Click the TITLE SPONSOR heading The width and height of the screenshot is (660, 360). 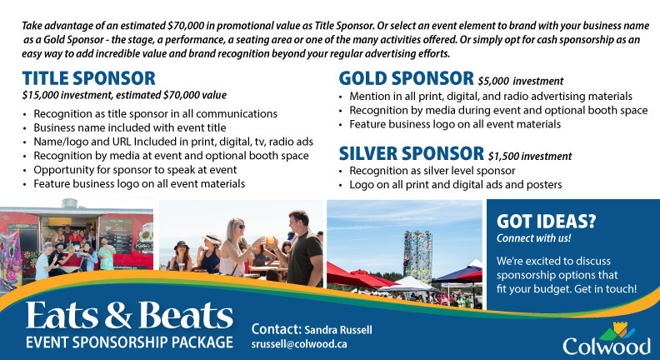pyautogui.click(x=89, y=78)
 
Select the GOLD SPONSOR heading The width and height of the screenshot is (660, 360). pyautogui.click(x=406, y=78)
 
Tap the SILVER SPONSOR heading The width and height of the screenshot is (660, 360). pyautogui.click(x=411, y=153)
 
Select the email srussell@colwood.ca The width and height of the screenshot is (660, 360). pyautogui.click(x=299, y=344)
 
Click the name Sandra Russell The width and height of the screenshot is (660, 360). pyautogui.click(x=338, y=330)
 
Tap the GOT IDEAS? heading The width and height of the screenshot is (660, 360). pyautogui.click(x=546, y=222)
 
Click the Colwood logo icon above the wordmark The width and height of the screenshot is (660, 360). pyautogui.click(x=618, y=331)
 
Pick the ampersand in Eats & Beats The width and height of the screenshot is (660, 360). pyautogui.click(x=118, y=316)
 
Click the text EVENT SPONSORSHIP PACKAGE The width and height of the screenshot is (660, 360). pyautogui.click(x=129, y=342)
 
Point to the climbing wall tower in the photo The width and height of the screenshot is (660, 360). pyautogui.click(x=417, y=255)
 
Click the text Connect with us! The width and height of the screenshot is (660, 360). pyautogui.click(x=533, y=238)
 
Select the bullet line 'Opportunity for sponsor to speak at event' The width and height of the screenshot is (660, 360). pyautogui.click(x=135, y=170)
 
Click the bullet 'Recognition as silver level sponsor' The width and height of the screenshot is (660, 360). pyautogui.click(x=432, y=171)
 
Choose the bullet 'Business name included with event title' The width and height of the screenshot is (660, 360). pyautogui.click(x=130, y=127)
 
